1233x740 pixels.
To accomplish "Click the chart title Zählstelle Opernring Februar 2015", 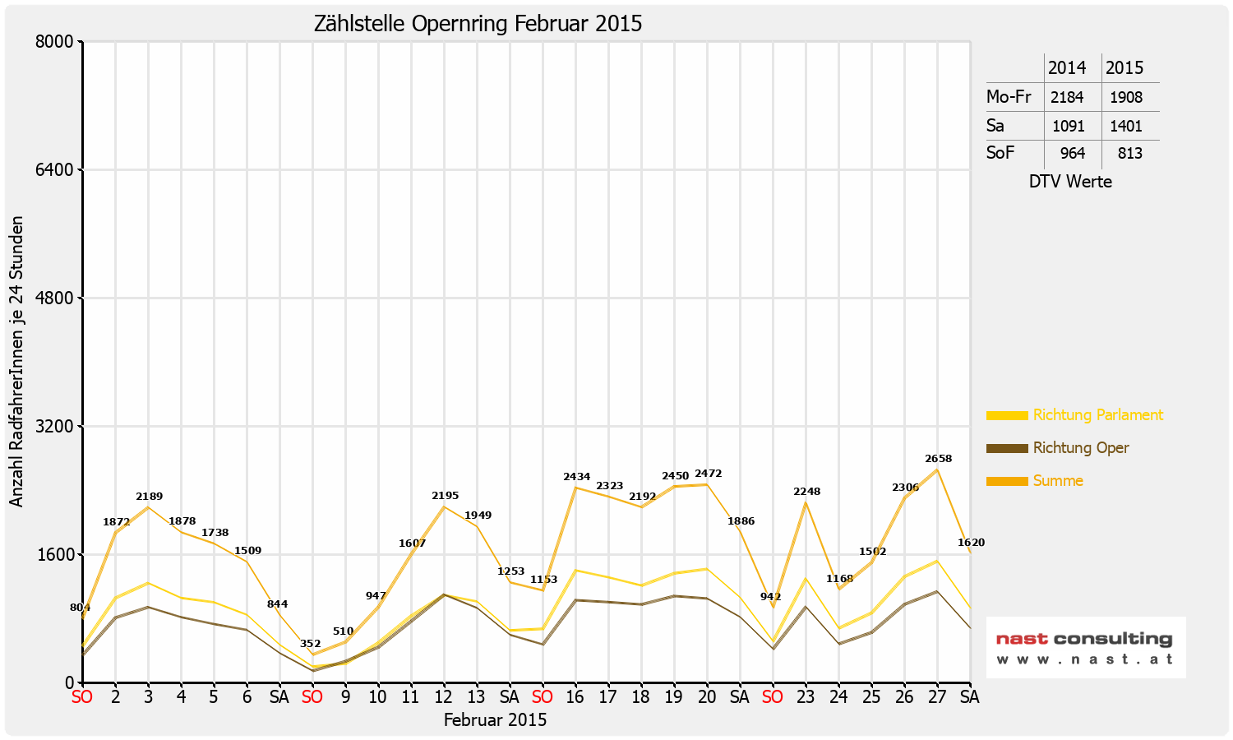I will (478, 23).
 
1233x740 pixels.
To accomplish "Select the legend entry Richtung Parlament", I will (1097, 415).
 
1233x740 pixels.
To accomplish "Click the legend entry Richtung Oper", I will (1080, 448).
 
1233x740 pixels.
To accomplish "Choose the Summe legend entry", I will (1057, 481).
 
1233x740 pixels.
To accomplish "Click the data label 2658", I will (938, 459).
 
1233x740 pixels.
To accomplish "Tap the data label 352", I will (310, 644).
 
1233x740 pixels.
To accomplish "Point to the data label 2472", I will (708, 474).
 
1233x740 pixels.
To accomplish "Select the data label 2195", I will (445, 496).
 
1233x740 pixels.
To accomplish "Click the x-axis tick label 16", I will (575, 697).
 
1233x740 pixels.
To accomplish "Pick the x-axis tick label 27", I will (937, 697).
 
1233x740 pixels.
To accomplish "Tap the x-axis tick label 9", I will (345, 697).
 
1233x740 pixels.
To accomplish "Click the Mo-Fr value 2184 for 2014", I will (1067, 97).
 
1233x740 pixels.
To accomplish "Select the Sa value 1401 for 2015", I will (1126, 126).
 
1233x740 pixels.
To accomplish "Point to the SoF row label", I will (1000, 153).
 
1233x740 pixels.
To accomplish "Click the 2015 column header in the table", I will (1124, 67).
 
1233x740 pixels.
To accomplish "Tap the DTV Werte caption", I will (1070, 182).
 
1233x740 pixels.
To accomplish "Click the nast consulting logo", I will (1085, 647).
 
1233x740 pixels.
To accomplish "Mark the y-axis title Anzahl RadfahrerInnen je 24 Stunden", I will (16, 362).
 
